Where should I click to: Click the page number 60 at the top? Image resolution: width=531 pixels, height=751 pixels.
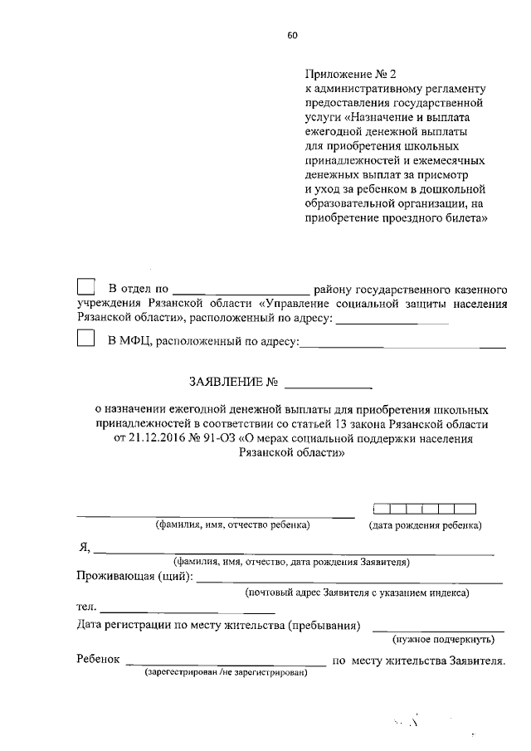tap(292, 35)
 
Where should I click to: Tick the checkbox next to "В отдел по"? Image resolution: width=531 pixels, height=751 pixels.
tap(85, 287)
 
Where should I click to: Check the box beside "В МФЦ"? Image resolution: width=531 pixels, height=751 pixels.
tap(85, 339)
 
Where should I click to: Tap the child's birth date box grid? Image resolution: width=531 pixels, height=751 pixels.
tap(424, 509)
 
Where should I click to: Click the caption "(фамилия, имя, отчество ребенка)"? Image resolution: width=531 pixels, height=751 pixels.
tap(233, 525)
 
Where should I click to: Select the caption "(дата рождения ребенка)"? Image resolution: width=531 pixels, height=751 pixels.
tap(425, 525)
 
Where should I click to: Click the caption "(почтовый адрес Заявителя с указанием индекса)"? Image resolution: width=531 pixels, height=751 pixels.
tap(357, 593)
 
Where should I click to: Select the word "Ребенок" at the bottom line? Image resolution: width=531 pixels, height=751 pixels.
tap(98, 661)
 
